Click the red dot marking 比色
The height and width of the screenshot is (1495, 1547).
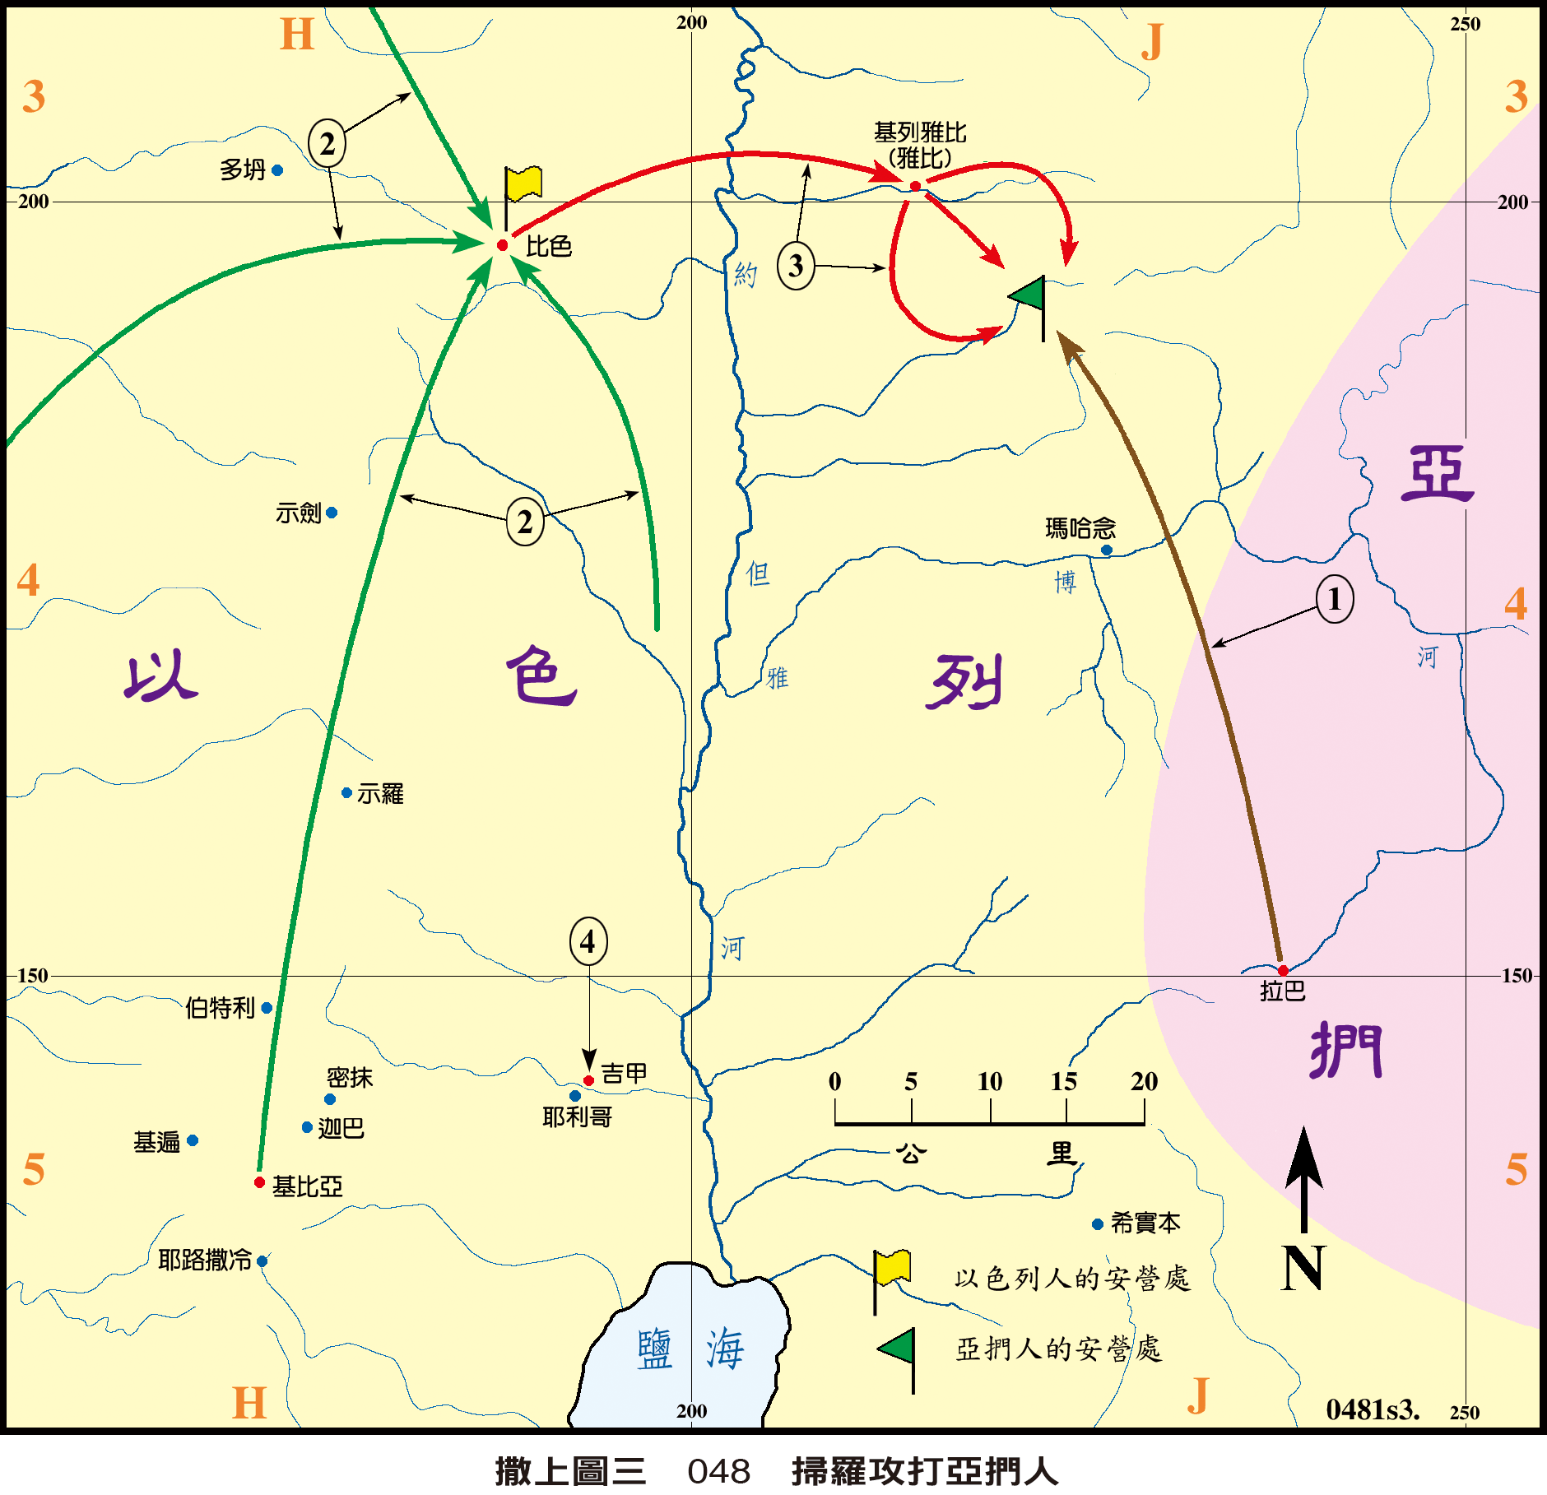click(x=502, y=245)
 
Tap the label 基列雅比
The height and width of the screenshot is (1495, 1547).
click(x=920, y=132)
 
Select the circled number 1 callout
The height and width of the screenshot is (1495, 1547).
click(x=1334, y=599)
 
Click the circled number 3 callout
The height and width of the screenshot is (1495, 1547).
click(x=796, y=266)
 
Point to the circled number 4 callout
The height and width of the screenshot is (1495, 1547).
click(x=588, y=941)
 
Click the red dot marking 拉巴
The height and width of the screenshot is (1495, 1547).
click(x=1283, y=971)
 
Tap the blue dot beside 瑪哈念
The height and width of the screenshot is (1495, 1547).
click(x=1107, y=550)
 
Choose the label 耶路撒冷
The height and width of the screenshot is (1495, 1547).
click(x=205, y=1260)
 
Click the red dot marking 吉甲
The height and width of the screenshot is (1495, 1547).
click(x=588, y=1080)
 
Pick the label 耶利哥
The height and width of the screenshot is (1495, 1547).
click(x=577, y=1117)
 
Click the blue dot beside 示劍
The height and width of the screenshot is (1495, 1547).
click(x=332, y=513)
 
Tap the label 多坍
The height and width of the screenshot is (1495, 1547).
click(x=243, y=170)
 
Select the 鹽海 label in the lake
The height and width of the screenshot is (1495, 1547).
click(x=690, y=1349)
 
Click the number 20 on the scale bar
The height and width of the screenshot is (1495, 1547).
click(x=1144, y=1081)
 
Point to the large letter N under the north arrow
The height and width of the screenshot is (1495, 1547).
click(x=1303, y=1268)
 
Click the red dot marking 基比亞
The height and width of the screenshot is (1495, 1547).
click(x=259, y=1182)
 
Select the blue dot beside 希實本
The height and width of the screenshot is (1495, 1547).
click(x=1097, y=1224)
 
